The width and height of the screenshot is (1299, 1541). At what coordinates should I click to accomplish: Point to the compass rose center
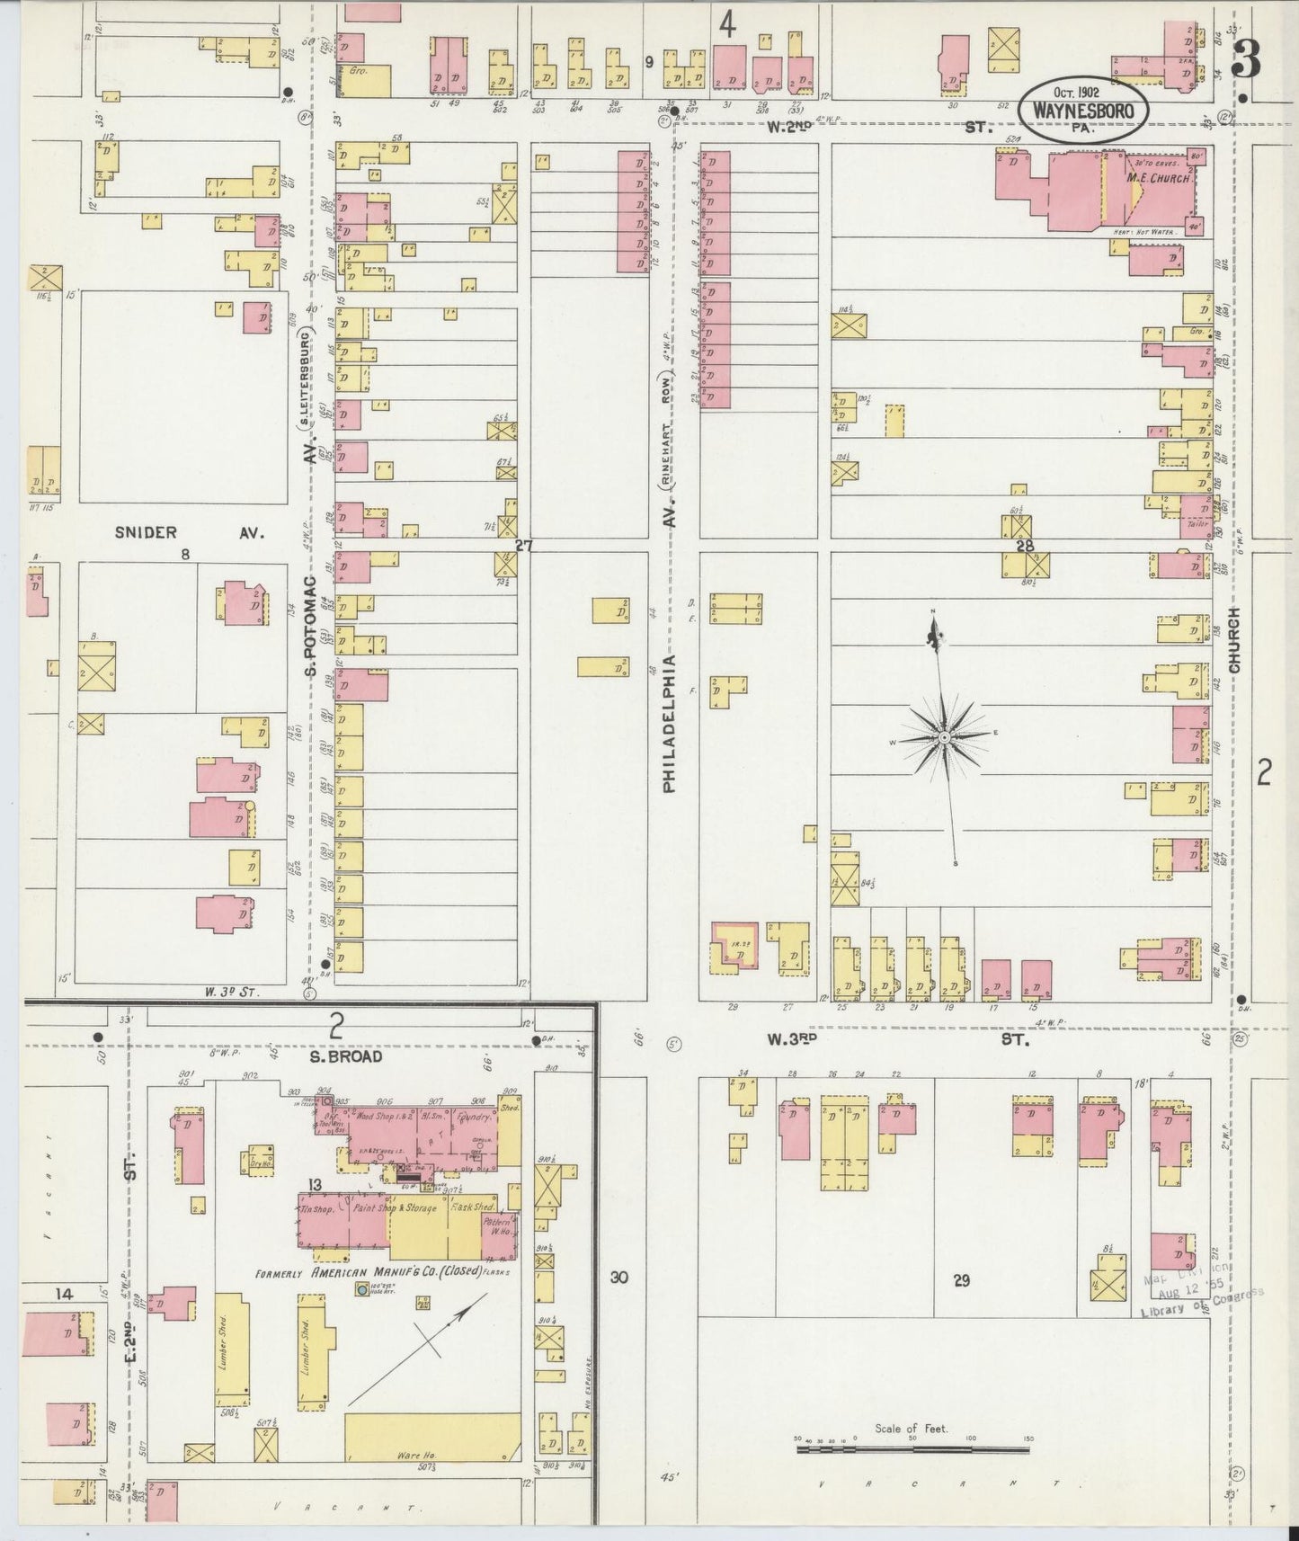point(945,738)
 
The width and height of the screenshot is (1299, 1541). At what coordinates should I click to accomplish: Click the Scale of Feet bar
point(912,1449)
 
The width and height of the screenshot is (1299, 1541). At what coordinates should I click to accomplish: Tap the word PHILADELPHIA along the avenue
point(670,724)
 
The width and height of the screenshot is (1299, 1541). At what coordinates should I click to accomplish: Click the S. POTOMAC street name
point(310,628)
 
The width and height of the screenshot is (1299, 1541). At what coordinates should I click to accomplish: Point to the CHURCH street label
point(1234,640)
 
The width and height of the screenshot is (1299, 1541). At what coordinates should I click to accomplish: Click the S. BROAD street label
point(346,1056)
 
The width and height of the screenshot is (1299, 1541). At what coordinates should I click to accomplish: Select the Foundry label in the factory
point(472,1118)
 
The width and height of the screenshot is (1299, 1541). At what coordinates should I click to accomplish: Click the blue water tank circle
point(361,1289)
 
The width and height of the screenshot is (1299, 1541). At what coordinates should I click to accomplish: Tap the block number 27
point(523,545)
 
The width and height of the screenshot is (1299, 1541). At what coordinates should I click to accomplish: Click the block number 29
point(961,1280)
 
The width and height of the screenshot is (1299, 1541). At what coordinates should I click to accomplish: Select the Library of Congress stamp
point(1200,1296)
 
